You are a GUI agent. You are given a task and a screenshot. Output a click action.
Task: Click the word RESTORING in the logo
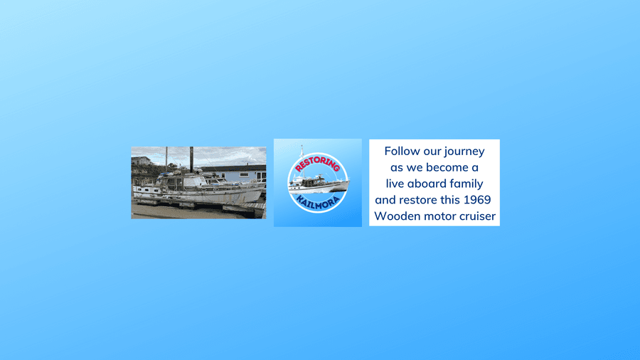pos(318,163)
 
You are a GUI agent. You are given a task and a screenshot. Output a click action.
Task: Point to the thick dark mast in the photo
pos(191,159)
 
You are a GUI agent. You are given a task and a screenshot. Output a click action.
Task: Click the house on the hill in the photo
pos(141,161)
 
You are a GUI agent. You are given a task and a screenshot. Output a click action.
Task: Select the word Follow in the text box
pos(402,151)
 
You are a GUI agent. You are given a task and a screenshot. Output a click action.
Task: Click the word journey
pos(464,152)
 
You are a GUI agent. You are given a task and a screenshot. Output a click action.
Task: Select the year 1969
pos(477,200)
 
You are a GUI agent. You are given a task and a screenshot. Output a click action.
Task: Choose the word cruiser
pos(476,216)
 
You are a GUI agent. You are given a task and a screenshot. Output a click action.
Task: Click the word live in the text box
pos(395,184)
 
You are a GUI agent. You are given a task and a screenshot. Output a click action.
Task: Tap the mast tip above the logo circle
pos(302,146)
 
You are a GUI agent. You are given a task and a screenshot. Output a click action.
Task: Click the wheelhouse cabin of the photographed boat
pos(181,181)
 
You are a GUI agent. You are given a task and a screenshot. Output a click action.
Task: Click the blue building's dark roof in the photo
pos(234,168)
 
